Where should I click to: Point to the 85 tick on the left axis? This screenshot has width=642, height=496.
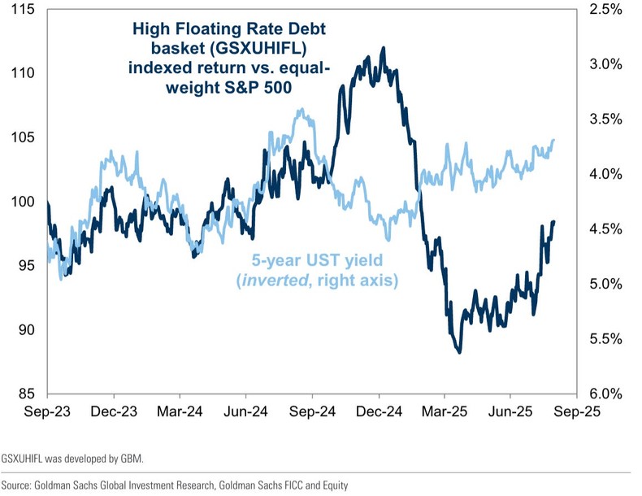[26, 394]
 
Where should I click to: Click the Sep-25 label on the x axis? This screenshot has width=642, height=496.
[577, 412]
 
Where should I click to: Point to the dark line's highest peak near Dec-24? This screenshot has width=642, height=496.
[383, 47]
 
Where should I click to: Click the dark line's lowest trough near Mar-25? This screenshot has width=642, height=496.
[460, 352]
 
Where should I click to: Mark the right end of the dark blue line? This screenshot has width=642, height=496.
[553, 222]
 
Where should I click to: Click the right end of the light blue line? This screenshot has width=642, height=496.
[553, 141]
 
